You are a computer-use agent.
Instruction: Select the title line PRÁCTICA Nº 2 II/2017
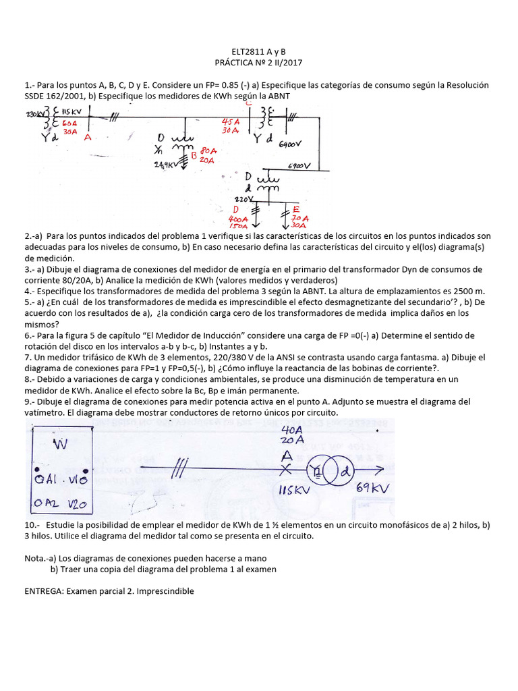click(x=258, y=63)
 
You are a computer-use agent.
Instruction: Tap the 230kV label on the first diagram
click(x=34, y=115)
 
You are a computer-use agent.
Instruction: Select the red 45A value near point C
click(x=232, y=121)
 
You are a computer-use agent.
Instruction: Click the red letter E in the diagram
click(x=296, y=209)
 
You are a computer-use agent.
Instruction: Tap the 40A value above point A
click(x=292, y=429)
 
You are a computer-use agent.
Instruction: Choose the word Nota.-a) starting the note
click(x=40, y=558)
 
